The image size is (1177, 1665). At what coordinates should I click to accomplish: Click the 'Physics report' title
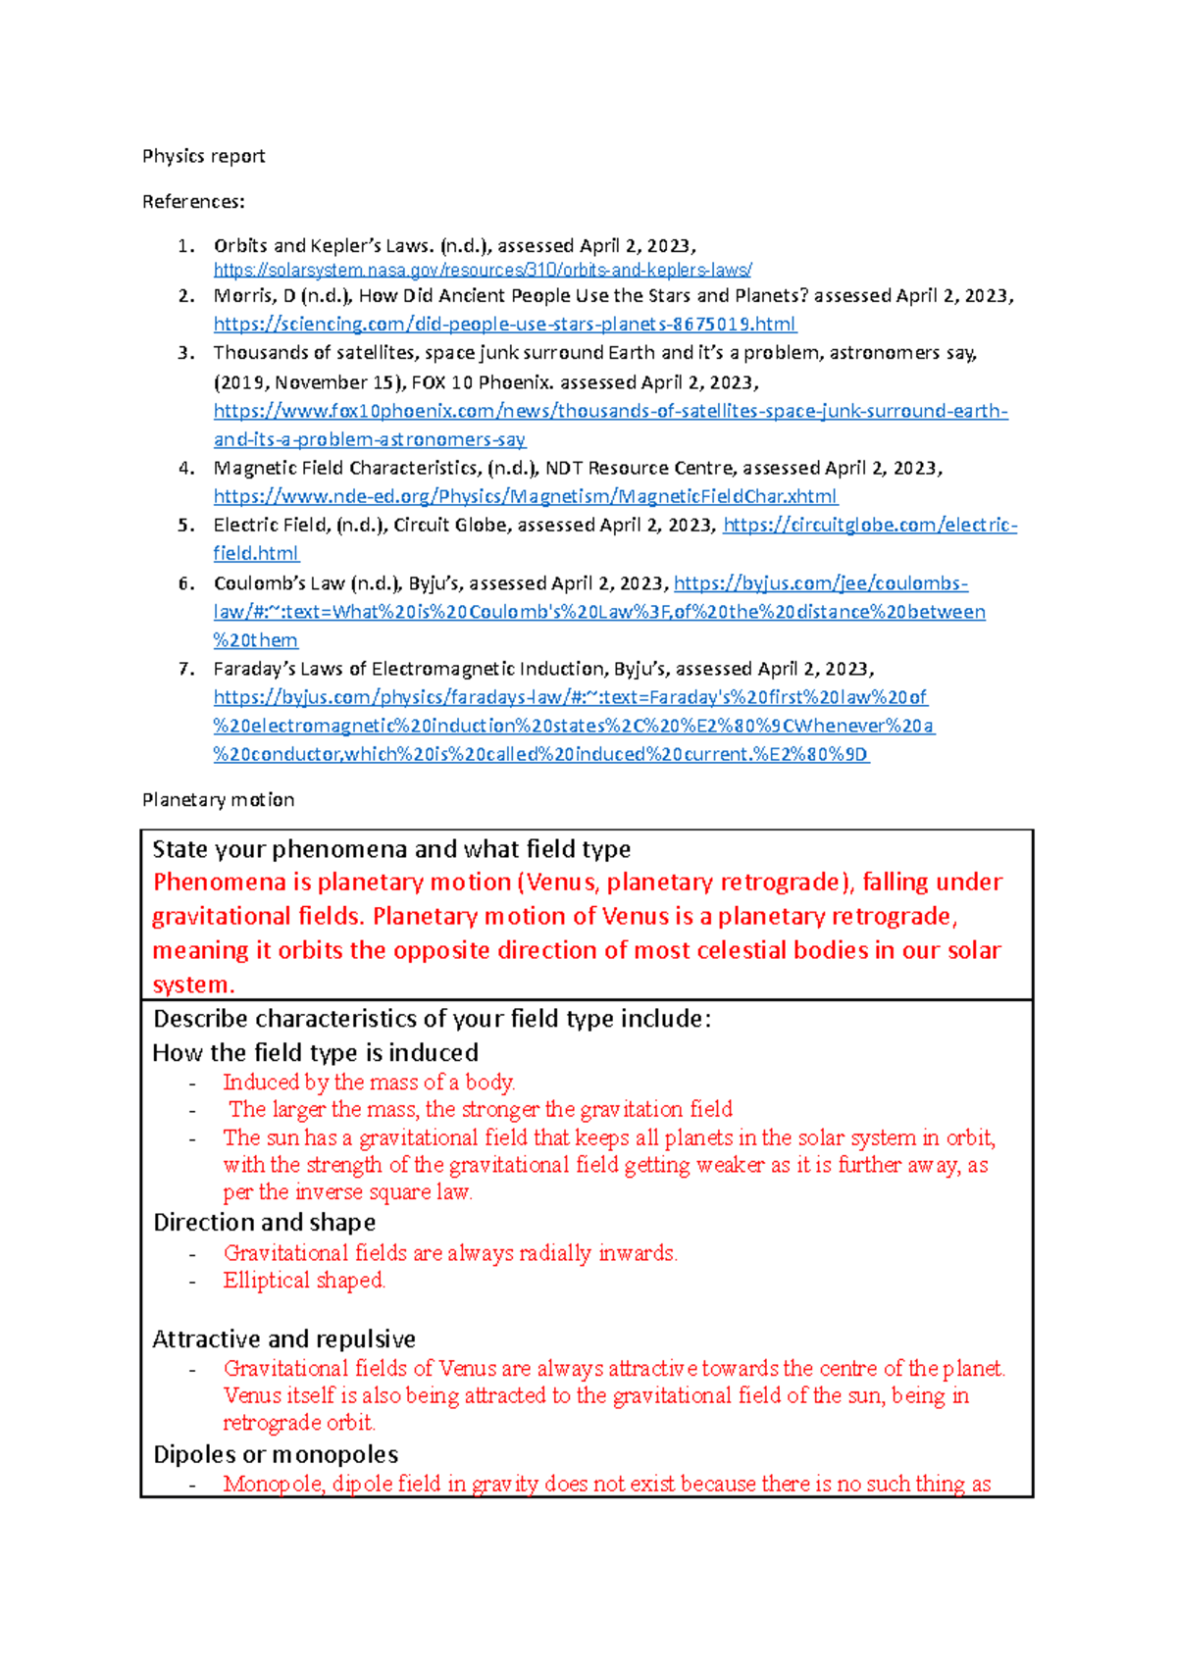pos(203,156)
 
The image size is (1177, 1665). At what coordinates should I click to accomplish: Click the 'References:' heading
pos(193,202)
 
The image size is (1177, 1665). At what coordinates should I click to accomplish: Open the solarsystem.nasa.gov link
pos(483,270)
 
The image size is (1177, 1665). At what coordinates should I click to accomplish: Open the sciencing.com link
pos(504,324)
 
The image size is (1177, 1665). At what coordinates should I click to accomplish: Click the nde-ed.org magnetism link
pos(525,496)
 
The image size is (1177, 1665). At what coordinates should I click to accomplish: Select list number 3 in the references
pos(186,353)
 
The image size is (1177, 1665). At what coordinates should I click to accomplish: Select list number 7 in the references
pos(186,669)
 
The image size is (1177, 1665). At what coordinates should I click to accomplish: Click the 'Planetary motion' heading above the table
pos(218,800)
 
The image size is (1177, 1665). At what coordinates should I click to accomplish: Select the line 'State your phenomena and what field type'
pos(391,849)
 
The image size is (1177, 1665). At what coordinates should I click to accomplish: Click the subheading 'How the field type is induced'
pos(315,1053)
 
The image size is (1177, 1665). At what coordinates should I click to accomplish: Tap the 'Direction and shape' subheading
pos(264,1223)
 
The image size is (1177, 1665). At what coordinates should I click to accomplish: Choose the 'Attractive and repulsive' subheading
pos(283,1339)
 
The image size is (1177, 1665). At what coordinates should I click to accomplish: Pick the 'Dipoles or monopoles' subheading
pos(276,1454)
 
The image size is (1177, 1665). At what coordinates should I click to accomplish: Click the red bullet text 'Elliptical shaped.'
pos(304,1281)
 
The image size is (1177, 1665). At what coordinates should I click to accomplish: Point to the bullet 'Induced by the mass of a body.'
pos(369,1083)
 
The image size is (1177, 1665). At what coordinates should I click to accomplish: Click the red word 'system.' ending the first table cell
pos(193,984)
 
